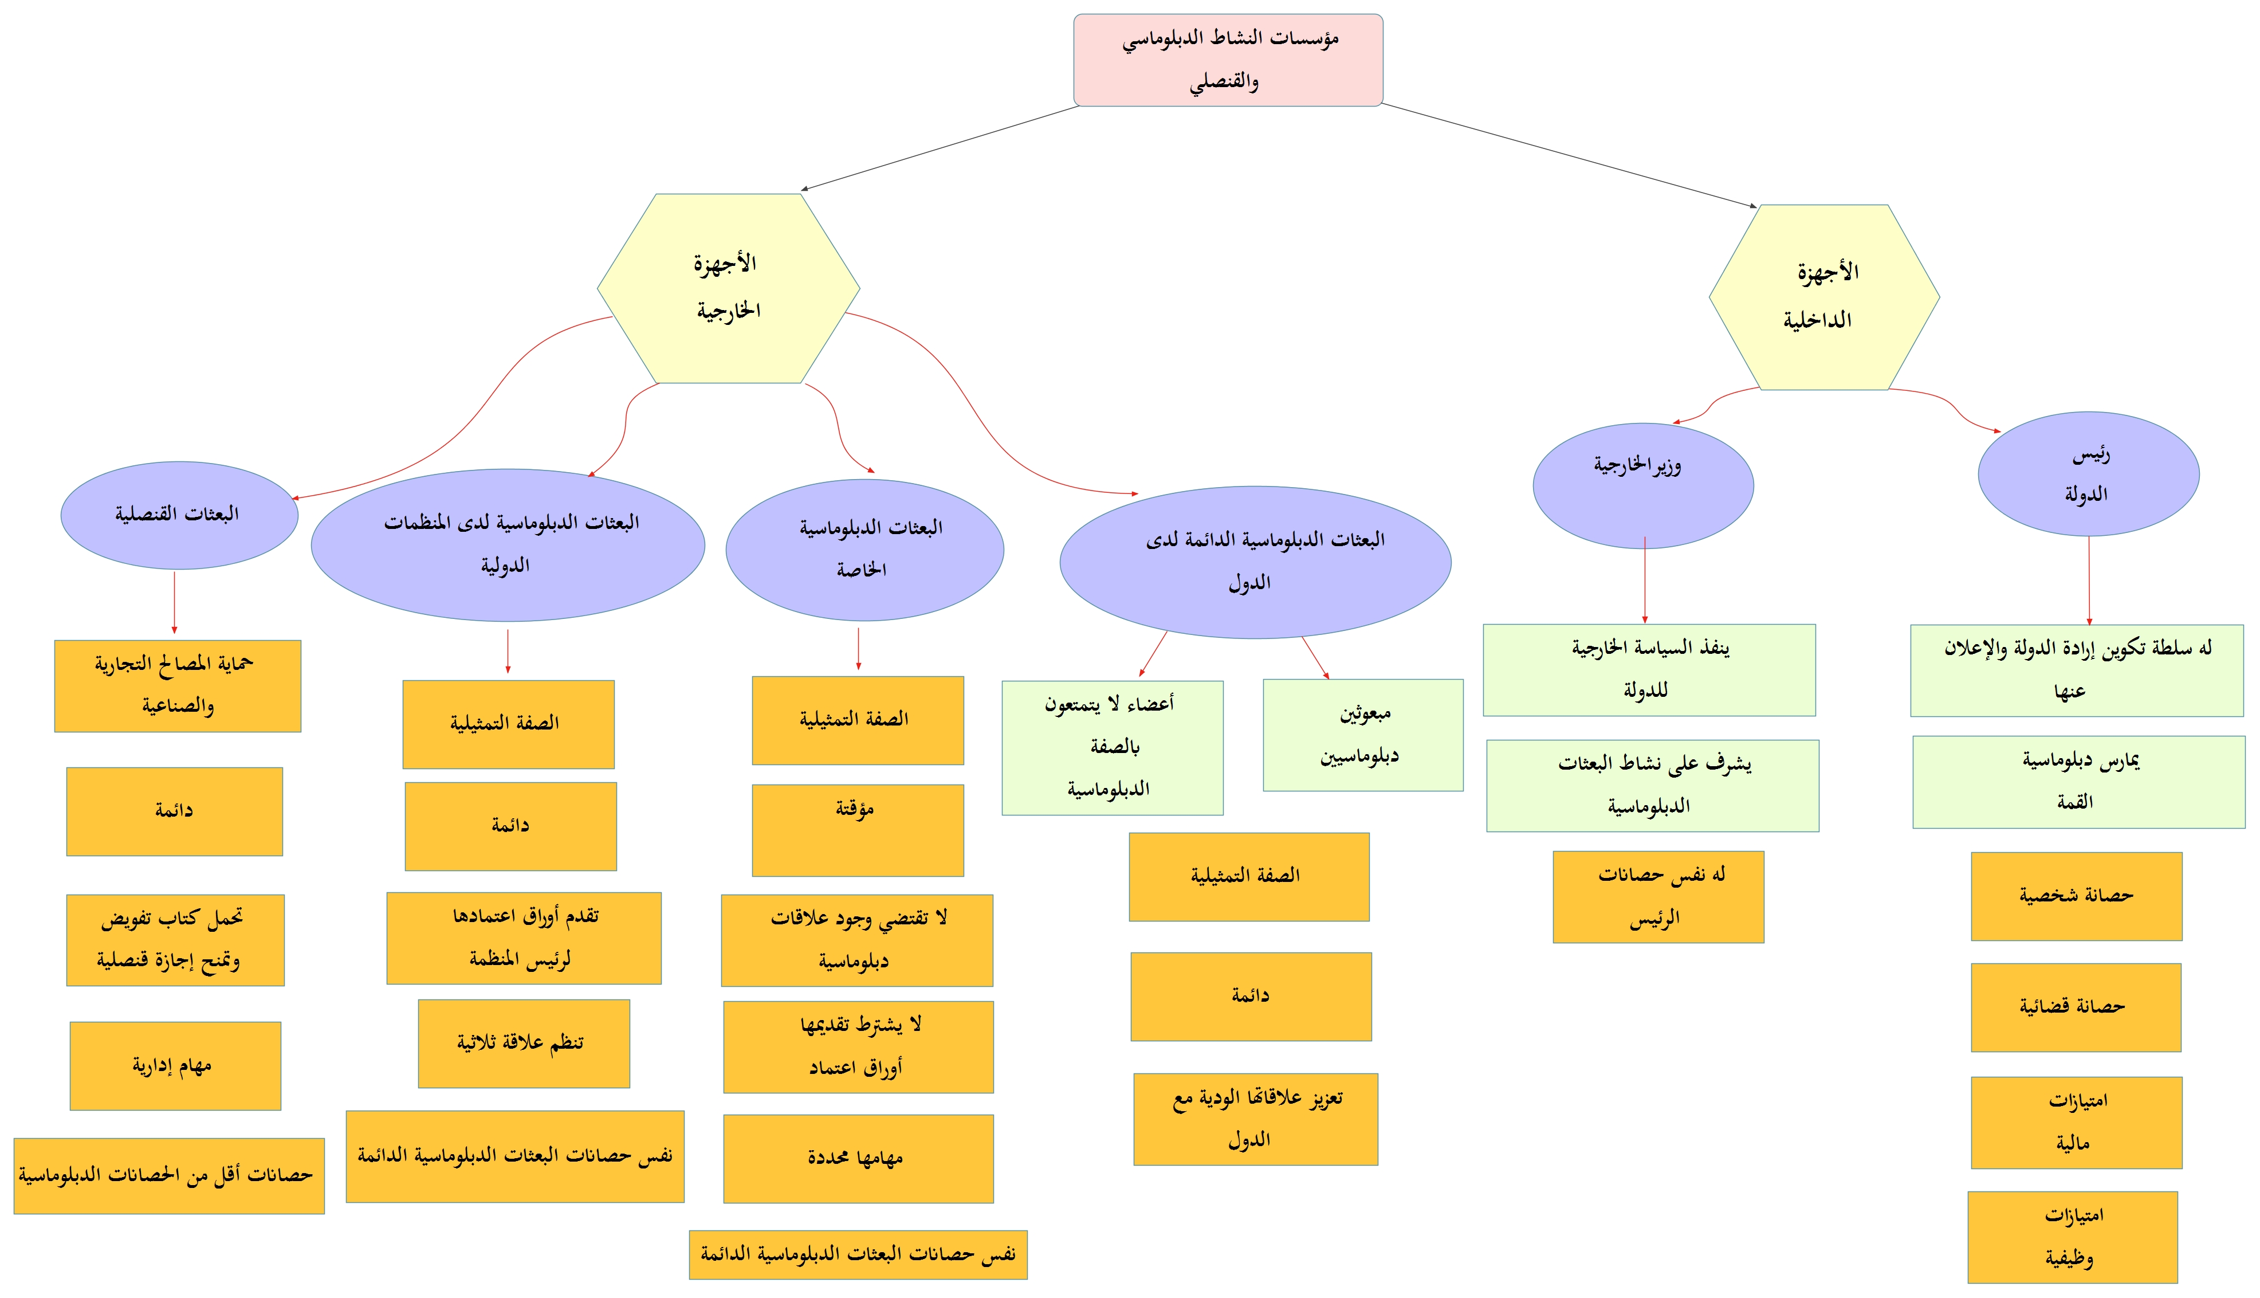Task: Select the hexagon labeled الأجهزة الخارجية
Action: (x=728, y=288)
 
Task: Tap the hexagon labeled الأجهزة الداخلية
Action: (x=1823, y=297)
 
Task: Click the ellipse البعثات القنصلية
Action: (x=179, y=515)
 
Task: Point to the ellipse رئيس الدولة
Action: (x=2087, y=473)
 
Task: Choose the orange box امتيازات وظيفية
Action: (x=2072, y=1237)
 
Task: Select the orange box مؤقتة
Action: (x=857, y=829)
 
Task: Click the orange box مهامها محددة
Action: (x=857, y=1158)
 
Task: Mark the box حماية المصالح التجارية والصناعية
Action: (x=178, y=685)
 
